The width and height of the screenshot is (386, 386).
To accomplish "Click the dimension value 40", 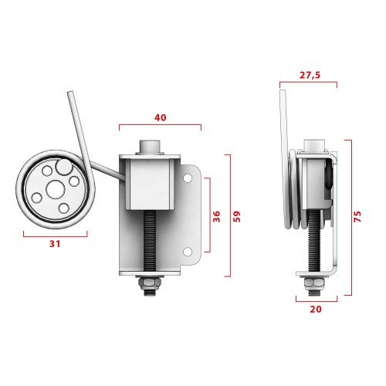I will [x=160, y=117].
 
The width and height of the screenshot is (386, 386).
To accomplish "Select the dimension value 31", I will [x=55, y=243].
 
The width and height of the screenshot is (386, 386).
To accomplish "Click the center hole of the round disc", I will [x=55, y=188].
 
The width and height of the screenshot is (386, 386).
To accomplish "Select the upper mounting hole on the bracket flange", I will [x=187, y=178].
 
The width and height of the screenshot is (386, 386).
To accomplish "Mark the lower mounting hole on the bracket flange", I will [x=187, y=251].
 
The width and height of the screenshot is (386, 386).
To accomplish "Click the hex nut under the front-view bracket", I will [x=150, y=286].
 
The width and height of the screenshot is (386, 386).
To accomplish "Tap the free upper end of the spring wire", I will [x=70, y=94].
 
